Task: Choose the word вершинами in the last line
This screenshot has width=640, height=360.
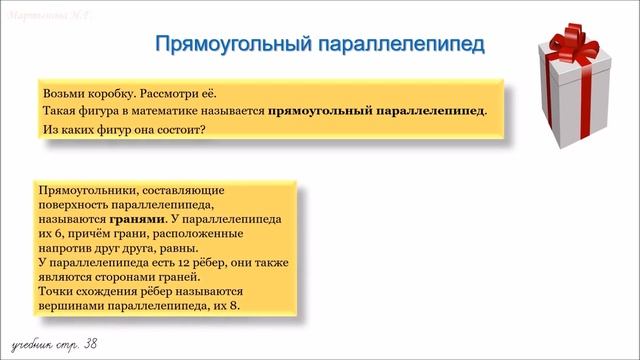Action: [x=67, y=305]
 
